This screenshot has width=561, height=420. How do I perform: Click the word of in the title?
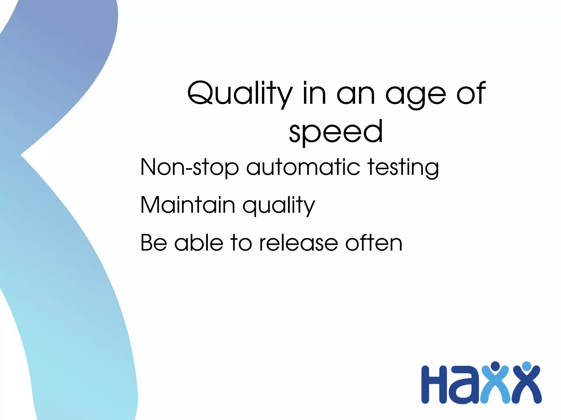click(471, 93)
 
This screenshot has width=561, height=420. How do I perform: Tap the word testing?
click(403, 167)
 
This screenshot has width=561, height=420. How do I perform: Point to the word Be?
click(154, 243)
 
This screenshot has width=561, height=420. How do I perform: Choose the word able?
click(199, 243)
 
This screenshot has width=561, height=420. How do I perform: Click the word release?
click(298, 243)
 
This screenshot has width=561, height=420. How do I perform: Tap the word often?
click(374, 243)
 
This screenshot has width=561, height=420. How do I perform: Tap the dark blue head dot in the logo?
click(495, 366)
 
